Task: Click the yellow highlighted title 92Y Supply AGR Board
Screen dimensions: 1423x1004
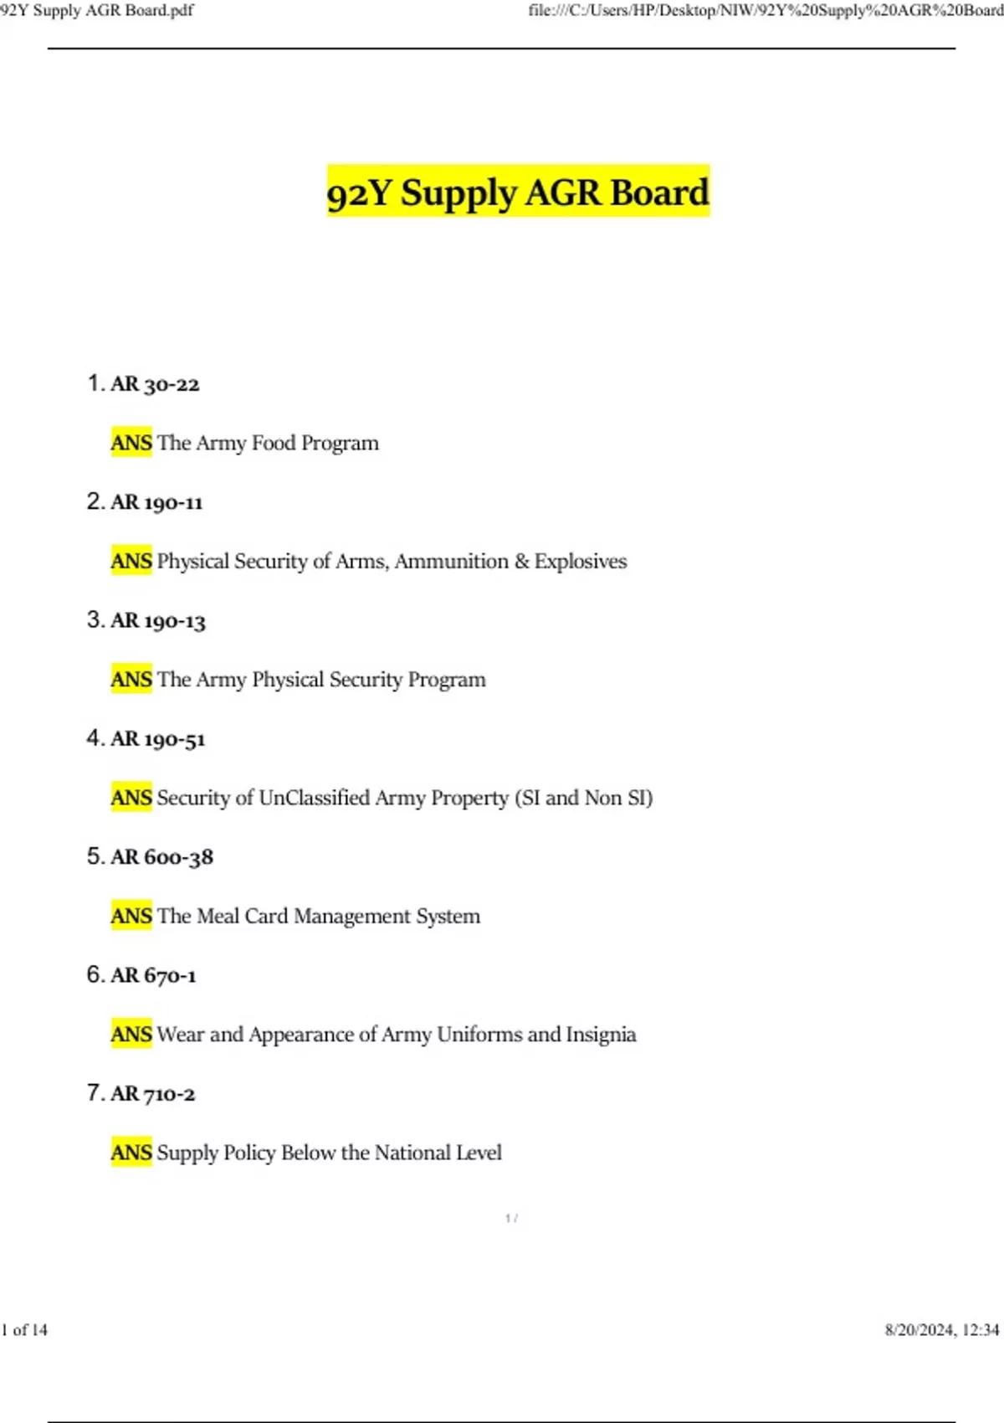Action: click(518, 192)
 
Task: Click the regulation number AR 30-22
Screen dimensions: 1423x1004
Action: click(155, 384)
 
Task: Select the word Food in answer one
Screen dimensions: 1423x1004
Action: click(274, 443)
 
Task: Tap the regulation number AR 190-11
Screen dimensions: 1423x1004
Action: click(156, 502)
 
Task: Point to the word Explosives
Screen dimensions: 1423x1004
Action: click(581, 561)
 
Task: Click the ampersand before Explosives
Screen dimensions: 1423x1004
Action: click(521, 561)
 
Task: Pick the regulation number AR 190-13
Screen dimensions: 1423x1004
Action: click(157, 621)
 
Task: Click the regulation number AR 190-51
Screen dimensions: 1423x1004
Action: click(157, 739)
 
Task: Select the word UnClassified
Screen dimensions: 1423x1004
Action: click(314, 798)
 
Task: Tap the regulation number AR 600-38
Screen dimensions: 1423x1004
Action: click(161, 857)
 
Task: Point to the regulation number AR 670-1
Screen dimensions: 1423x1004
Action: click(153, 976)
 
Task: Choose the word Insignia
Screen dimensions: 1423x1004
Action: click(601, 1035)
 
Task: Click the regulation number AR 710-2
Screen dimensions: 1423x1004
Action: click(152, 1094)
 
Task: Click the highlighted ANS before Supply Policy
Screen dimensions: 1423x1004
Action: click(131, 1153)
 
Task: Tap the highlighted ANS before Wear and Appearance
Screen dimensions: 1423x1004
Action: click(131, 1035)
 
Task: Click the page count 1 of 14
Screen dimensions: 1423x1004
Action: click(25, 1330)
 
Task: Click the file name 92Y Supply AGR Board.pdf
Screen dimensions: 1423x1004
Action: click(97, 11)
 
